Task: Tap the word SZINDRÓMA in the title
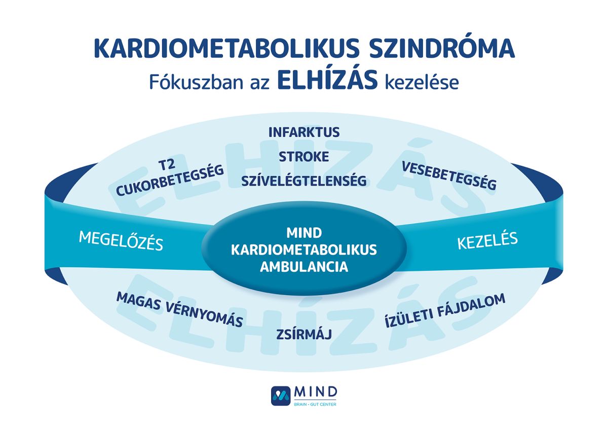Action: click(x=442, y=47)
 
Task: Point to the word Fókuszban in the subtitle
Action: click(x=196, y=82)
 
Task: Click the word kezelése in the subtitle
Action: click(x=422, y=82)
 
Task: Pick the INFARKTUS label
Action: click(x=304, y=132)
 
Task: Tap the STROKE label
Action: click(x=303, y=157)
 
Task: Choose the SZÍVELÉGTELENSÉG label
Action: click(x=304, y=181)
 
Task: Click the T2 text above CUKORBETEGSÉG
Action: click(x=167, y=165)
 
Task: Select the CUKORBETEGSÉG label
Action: click(x=170, y=180)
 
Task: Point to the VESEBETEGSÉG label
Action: click(x=449, y=175)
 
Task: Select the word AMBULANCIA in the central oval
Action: click(x=304, y=267)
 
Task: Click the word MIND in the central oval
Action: click(x=304, y=233)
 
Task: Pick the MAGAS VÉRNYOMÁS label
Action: click(x=179, y=309)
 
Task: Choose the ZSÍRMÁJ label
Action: click(x=304, y=334)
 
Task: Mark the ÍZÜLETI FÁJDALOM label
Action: click(x=445, y=310)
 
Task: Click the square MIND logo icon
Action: click(x=281, y=396)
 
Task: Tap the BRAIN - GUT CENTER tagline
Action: click(x=315, y=404)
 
